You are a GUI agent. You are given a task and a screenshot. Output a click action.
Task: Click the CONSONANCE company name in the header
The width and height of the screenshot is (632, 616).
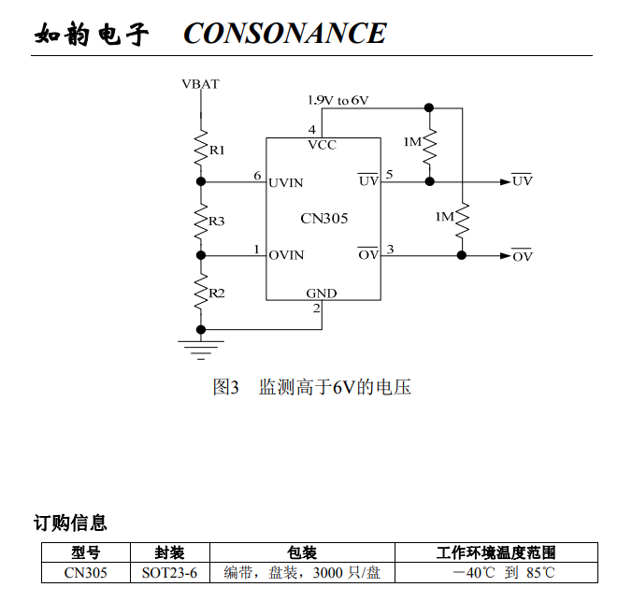[284, 34]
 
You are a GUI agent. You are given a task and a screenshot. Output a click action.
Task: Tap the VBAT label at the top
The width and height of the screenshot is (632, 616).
[200, 84]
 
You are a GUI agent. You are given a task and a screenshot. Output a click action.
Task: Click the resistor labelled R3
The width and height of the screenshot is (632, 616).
[200, 221]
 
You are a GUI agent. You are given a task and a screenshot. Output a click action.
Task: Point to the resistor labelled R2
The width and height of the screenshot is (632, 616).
[200, 293]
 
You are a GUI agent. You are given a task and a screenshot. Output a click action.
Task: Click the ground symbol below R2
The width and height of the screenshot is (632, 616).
[200, 348]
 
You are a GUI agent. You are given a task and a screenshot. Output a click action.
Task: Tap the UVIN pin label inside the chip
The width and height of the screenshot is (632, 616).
[286, 182]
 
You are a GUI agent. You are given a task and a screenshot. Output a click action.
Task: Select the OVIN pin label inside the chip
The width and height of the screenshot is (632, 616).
[286, 255]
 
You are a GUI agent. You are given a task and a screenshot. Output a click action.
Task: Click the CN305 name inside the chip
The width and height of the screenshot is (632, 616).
[323, 219]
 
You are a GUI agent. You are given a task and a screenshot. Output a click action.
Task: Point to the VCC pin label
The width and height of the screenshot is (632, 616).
[322, 146]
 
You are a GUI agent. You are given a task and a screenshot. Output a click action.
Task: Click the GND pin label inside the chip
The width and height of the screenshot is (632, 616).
[322, 294]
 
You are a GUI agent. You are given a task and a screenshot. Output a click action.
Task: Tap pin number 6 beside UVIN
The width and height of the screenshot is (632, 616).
[257, 176]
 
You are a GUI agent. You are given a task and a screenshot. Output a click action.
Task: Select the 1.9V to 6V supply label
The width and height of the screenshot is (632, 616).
[338, 100]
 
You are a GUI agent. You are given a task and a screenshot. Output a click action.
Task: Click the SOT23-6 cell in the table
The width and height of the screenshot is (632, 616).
[169, 572]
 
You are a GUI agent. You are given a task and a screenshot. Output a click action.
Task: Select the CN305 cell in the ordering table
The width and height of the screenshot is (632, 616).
[85, 572]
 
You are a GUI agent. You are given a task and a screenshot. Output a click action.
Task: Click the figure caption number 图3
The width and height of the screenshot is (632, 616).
[226, 387]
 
